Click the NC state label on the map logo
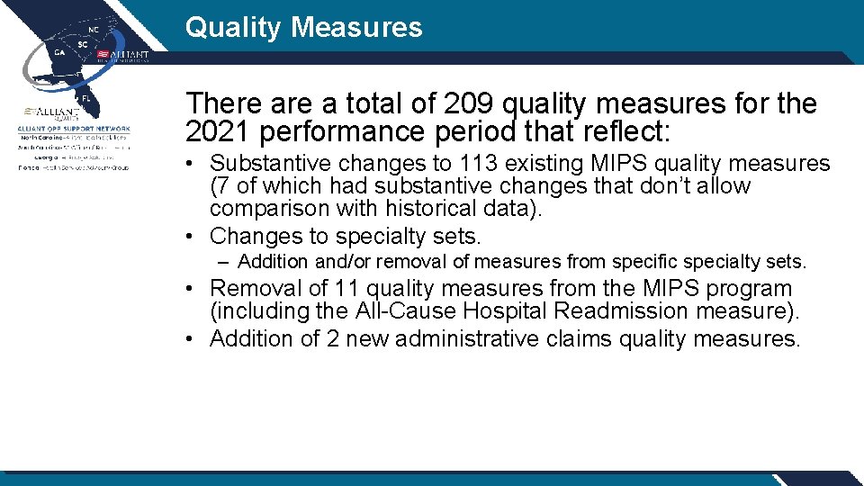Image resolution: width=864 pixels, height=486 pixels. [93, 29]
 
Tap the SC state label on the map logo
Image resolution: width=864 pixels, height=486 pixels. [83, 44]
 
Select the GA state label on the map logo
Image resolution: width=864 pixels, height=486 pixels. [59, 52]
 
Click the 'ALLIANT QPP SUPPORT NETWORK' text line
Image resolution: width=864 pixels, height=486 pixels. [74, 129]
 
